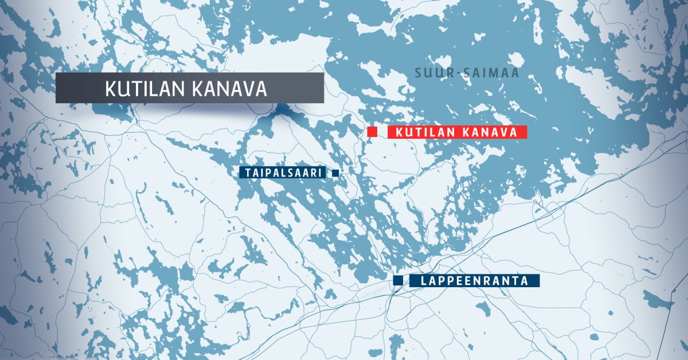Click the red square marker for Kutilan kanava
pos(372,132)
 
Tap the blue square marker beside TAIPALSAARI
pos(335,173)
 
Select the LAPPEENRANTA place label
pos(474,281)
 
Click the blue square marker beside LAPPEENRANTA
pos(398,280)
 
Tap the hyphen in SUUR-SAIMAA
pos(451,74)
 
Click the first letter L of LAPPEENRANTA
pos(423,281)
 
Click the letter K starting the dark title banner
pos(110,89)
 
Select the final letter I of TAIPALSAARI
pos(322,173)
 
